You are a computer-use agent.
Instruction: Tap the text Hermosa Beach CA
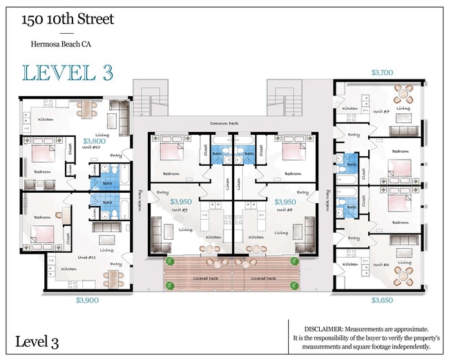pos(61,45)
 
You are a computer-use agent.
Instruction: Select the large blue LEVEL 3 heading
pos(67,72)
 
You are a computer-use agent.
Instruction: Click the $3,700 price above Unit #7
pos(383,72)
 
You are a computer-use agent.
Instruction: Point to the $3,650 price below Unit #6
pos(383,301)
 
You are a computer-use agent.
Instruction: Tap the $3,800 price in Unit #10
pos(93,140)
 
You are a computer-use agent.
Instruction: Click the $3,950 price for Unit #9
pos(181,202)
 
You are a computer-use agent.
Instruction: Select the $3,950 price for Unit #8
pos(285,202)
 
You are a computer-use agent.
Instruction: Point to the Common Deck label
pos(224,124)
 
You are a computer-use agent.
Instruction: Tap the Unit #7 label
pos(381,111)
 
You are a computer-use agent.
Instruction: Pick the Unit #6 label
pos(381,265)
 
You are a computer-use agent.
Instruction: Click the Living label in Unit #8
pos(281,233)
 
